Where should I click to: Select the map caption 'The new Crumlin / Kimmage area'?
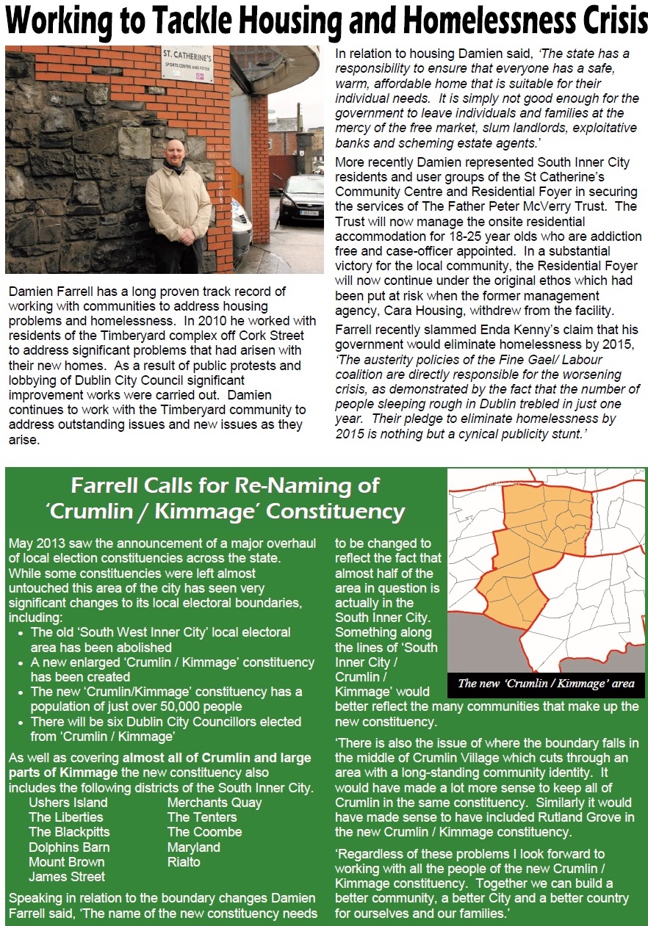(545, 684)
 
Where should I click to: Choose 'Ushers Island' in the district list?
(68, 803)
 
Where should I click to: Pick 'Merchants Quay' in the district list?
(215, 803)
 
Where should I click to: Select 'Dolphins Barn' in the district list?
(69, 847)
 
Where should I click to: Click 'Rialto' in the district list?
(184, 861)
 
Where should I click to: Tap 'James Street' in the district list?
(67, 876)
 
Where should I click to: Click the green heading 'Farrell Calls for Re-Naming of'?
(225, 485)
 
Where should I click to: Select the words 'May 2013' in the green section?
(34, 543)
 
